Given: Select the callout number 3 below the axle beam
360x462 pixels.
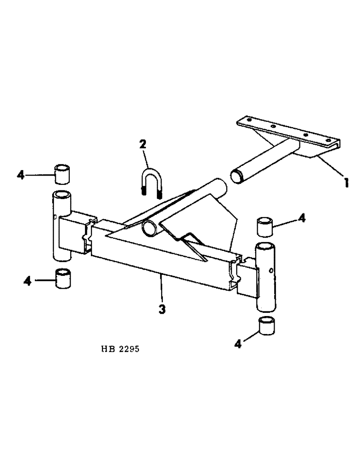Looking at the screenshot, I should click(x=162, y=309).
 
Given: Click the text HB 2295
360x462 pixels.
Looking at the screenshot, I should click(x=119, y=349).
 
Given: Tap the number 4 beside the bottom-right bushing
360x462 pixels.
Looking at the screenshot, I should click(x=238, y=344).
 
